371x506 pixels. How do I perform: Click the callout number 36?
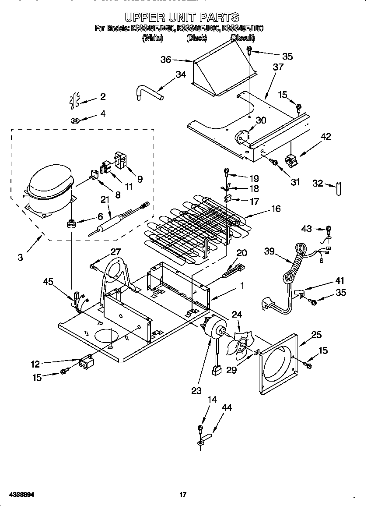166,60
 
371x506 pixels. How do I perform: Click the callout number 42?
325,137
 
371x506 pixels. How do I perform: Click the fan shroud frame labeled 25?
278,364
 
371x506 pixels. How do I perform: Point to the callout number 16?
276,209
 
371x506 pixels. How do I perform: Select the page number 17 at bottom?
183,495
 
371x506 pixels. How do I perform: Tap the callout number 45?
49,282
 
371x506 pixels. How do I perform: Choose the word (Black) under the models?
196,38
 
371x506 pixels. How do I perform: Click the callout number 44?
227,408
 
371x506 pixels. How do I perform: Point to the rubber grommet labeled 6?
70,224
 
